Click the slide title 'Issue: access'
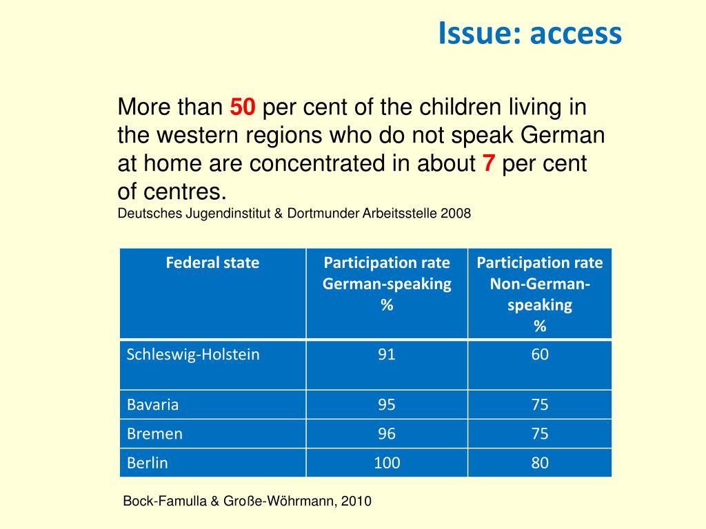(x=529, y=33)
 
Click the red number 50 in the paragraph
(x=243, y=107)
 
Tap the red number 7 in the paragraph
(x=489, y=164)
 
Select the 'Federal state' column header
(x=212, y=262)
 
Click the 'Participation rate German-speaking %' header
(x=387, y=284)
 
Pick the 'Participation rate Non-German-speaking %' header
(x=539, y=294)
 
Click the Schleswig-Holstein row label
(x=193, y=355)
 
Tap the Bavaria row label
(x=152, y=404)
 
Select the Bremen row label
(x=154, y=434)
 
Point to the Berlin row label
(x=147, y=463)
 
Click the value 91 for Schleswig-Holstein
(x=387, y=355)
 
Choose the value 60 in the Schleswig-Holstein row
(x=540, y=355)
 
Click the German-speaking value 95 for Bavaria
(x=387, y=404)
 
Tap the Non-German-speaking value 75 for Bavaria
(x=540, y=404)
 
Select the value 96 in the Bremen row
(x=387, y=434)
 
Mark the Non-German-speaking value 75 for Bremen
(x=540, y=434)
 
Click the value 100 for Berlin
(x=387, y=463)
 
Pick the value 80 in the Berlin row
(x=540, y=463)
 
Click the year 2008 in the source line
(x=457, y=214)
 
